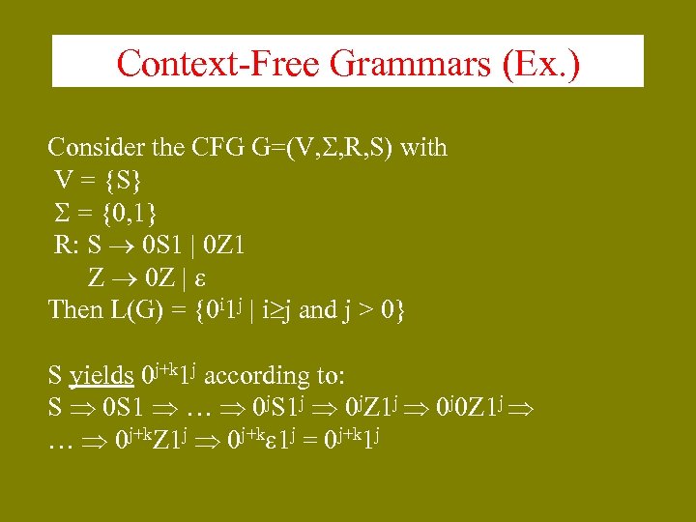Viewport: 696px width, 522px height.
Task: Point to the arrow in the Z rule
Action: [125, 278]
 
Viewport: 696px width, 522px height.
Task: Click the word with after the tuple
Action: [423, 148]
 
